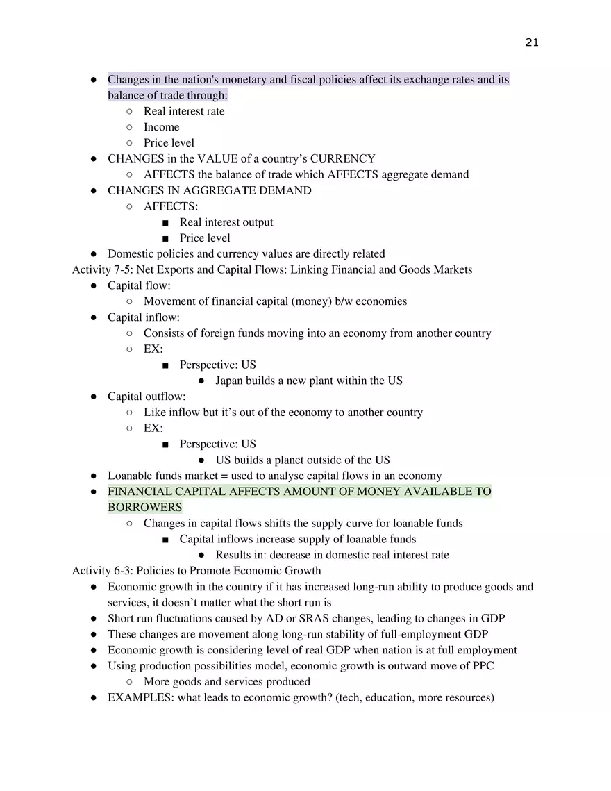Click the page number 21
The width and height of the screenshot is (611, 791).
(x=532, y=42)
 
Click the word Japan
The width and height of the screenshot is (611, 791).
(x=230, y=381)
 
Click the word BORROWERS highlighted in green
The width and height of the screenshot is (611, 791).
(x=144, y=508)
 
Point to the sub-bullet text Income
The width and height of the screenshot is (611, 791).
(x=161, y=127)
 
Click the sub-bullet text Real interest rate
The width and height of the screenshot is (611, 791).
(x=184, y=111)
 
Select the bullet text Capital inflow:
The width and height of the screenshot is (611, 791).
(x=143, y=317)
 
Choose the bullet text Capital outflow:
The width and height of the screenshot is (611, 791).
(x=147, y=397)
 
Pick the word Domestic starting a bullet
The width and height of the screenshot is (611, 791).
(x=130, y=254)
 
